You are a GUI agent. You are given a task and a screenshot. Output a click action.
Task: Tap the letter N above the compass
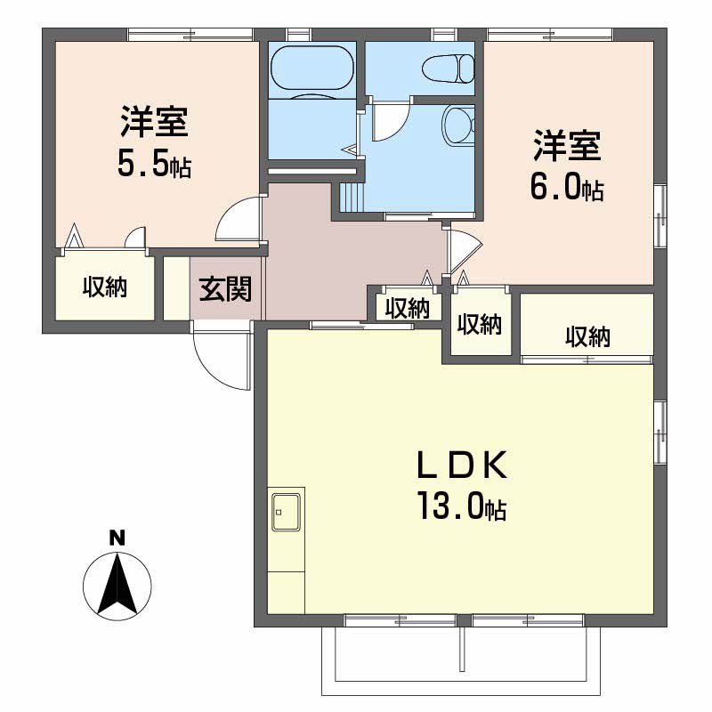pyautogui.click(x=116, y=538)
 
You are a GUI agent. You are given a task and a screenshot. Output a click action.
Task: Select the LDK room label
pyautogui.click(x=463, y=465)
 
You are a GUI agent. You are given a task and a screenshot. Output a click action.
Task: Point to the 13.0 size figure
pyautogui.click(x=461, y=507)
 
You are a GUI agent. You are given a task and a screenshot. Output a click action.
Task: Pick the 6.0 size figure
pyautogui.click(x=567, y=185)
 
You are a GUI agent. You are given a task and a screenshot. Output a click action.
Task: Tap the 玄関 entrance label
pyautogui.click(x=224, y=288)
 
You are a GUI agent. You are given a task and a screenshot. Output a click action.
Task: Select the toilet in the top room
pyautogui.click(x=445, y=68)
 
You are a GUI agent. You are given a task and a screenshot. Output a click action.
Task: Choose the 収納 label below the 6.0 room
pyautogui.click(x=587, y=336)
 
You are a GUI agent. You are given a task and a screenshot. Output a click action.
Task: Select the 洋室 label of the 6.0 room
pyautogui.click(x=567, y=145)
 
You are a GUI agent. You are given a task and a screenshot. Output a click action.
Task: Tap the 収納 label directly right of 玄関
pyautogui.click(x=408, y=308)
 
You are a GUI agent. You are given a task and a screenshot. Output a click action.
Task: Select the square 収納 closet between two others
pyautogui.click(x=481, y=324)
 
